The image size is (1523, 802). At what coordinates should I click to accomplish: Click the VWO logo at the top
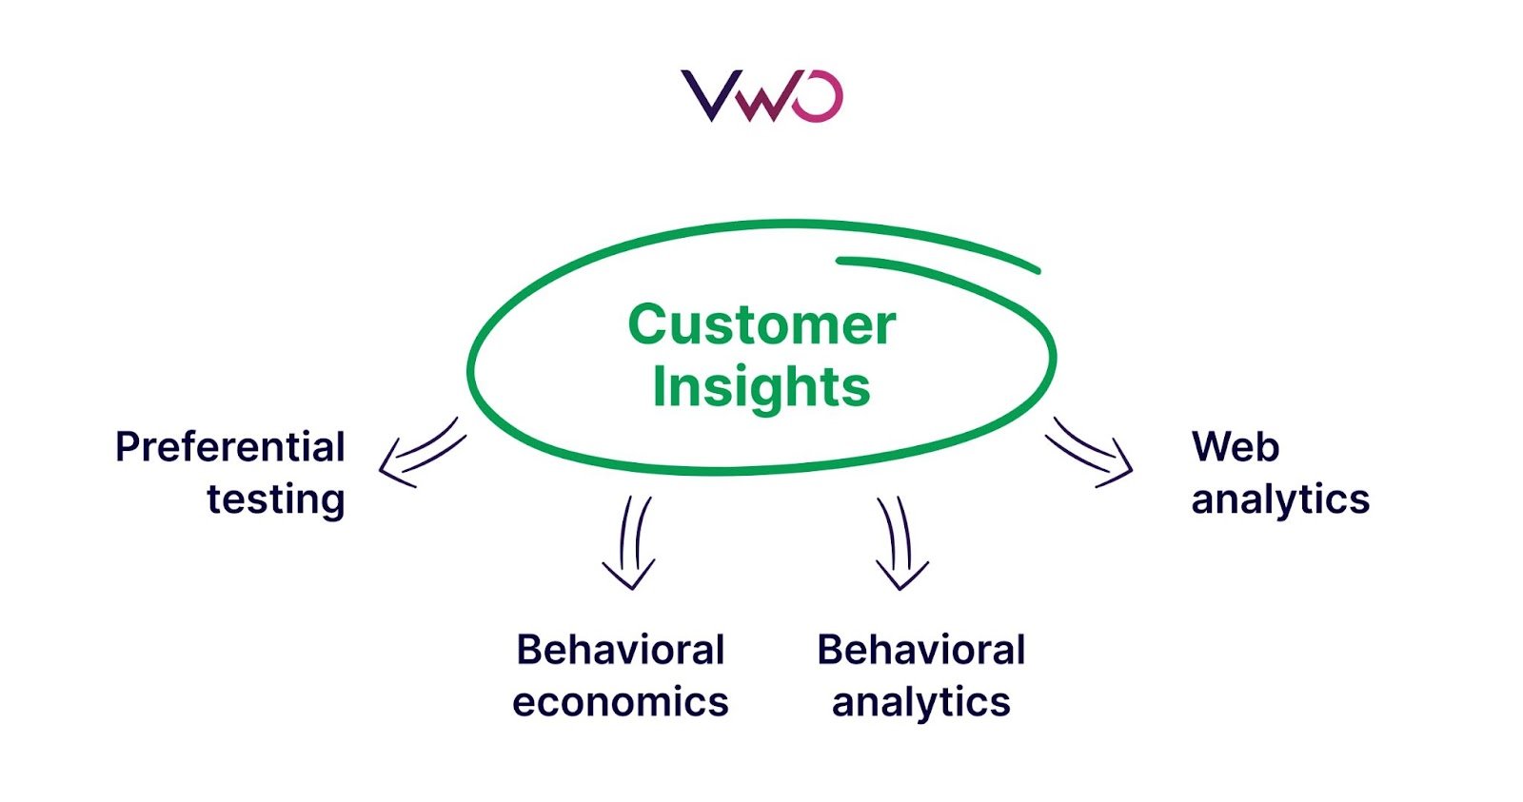[x=761, y=96]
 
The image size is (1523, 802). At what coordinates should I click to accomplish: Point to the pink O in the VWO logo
[x=818, y=97]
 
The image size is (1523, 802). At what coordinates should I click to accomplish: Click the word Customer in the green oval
[x=761, y=325]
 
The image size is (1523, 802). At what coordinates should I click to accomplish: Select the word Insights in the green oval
[x=761, y=387]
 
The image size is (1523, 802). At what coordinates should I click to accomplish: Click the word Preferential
[x=229, y=447]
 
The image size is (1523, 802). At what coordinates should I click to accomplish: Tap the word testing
[x=275, y=499]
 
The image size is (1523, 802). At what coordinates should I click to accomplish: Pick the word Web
[x=1235, y=447]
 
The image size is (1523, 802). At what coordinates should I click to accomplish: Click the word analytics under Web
[x=1279, y=499]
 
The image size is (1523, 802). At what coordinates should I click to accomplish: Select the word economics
[x=620, y=702]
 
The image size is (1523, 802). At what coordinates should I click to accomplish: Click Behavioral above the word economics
[x=620, y=651]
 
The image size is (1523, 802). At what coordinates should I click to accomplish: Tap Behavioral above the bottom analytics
[x=920, y=651]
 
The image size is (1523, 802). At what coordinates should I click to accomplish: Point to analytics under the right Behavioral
[x=920, y=702]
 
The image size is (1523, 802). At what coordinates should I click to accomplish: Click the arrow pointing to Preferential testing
[x=419, y=453]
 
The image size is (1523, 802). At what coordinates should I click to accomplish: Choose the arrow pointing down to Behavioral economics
[x=629, y=542]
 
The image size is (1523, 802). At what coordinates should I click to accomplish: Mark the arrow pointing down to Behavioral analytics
[x=900, y=542]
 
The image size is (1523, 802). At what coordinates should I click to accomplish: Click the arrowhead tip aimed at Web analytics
[x=1131, y=470]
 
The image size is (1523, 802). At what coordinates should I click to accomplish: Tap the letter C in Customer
[x=646, y=325]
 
